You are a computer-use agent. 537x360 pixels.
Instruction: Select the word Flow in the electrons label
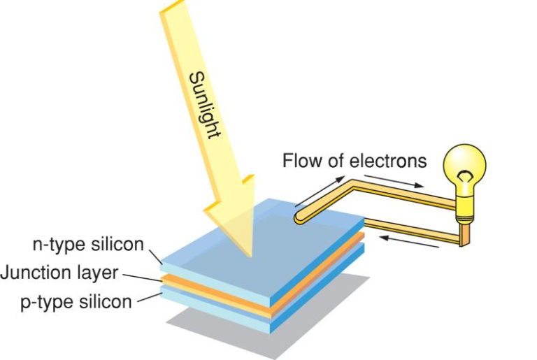[x=299, y=161]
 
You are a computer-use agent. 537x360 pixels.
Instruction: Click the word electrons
[x=387, y=161]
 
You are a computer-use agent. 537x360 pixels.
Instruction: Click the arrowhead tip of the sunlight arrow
[x=248, y=255]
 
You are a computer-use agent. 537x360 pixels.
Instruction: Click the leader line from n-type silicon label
[x=154, y=254]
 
